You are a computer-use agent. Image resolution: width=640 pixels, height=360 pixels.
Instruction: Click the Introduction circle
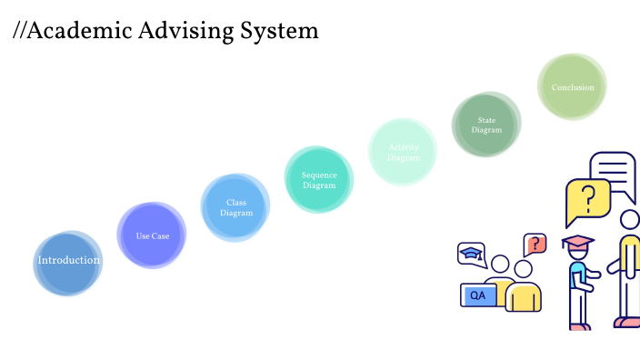point(67,262)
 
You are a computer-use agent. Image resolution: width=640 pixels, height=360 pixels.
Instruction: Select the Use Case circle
point(152,235)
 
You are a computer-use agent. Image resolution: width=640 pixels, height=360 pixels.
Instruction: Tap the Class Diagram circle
point(235,208)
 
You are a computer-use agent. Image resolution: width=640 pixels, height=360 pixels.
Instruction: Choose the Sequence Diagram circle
point(319,180)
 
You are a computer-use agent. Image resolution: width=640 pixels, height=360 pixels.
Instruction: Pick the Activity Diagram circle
point(403,152)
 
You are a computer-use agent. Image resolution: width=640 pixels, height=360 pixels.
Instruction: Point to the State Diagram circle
point(486,125)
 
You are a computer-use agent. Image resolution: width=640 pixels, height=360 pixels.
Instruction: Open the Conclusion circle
point(572,87)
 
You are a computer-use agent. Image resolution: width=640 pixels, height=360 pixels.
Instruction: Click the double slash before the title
point(19,31)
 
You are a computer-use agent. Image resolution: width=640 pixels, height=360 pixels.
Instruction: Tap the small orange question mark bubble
point(536,244)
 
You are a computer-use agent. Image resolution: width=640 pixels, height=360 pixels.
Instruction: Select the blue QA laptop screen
point(478,295)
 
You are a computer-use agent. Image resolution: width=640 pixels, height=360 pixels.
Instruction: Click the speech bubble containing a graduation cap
point(471,254)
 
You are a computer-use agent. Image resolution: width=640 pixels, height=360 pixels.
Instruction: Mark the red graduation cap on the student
point(577,242)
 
